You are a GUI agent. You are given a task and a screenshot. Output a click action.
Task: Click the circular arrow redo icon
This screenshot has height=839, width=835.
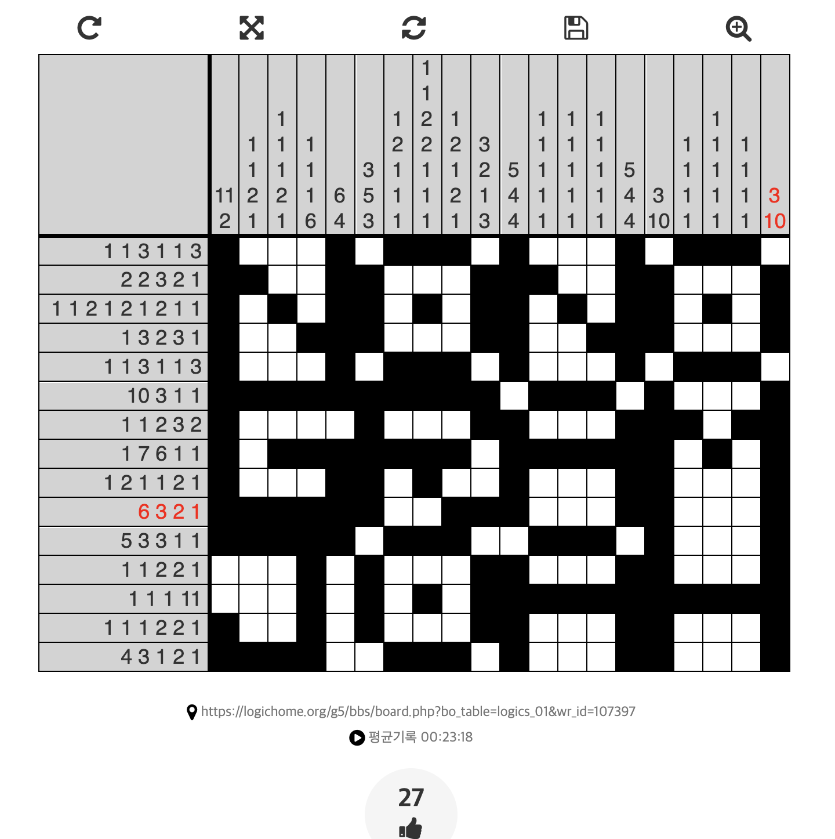89,28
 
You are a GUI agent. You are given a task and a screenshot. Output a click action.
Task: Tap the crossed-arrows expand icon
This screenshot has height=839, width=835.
252,28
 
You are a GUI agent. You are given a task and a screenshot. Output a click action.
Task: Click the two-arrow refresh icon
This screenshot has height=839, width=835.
414,28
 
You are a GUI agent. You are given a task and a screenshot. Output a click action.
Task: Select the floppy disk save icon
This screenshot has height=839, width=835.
576,28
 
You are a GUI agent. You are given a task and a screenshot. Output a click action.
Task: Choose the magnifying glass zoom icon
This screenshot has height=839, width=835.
738,28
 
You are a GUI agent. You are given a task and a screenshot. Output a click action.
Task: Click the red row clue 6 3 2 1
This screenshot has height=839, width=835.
169,512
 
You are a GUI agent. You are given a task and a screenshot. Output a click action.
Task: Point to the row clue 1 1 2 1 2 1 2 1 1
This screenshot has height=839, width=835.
126,309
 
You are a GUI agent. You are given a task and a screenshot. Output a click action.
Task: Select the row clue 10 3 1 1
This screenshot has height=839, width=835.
164,396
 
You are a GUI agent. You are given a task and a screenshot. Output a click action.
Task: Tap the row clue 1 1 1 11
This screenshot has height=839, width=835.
165,599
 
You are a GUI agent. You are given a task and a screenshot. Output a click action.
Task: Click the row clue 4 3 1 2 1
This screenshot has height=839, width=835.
161,657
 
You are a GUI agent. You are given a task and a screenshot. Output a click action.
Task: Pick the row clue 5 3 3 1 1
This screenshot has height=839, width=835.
161,541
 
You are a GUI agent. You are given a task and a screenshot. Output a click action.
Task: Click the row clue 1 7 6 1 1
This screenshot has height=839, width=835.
161,454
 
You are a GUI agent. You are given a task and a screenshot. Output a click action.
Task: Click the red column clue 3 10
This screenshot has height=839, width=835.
775,208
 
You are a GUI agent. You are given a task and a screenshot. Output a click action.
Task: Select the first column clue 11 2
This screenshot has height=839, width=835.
224,208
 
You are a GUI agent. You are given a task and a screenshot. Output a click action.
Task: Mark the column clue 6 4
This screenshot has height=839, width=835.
340,208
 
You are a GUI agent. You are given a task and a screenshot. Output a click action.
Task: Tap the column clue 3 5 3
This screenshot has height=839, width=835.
369,196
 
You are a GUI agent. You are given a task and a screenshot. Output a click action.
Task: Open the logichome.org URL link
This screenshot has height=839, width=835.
418,711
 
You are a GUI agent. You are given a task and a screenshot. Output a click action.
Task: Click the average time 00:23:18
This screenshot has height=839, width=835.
446,737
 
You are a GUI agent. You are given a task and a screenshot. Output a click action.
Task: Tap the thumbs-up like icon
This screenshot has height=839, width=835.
411,828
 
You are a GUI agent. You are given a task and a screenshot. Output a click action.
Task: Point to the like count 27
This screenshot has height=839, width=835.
411,798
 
